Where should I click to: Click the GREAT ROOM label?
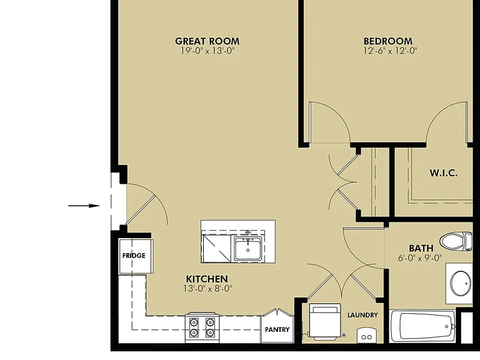click(207, 41)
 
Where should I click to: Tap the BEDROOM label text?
click(388, 41)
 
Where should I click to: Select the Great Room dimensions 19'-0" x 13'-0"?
click(207, 51)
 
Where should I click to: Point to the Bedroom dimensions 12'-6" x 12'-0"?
click(390, 51)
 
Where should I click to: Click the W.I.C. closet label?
click(444, 173)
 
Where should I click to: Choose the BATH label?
click(421, 248)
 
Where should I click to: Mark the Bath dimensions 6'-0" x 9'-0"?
click(420, 258)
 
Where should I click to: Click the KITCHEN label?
click(207, 279)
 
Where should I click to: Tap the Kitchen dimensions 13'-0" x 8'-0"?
click(208, 288)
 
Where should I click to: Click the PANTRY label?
click(277, 330)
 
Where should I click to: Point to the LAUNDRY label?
click(362, 315)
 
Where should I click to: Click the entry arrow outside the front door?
click(84, 206)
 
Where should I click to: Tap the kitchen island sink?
click(248, 248)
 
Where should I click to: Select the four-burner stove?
click(202, 327)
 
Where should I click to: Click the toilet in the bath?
click(456, 241)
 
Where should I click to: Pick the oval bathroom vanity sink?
click(461, 283)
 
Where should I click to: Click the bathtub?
click(422, 326)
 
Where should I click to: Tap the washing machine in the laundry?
click(325, 321)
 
